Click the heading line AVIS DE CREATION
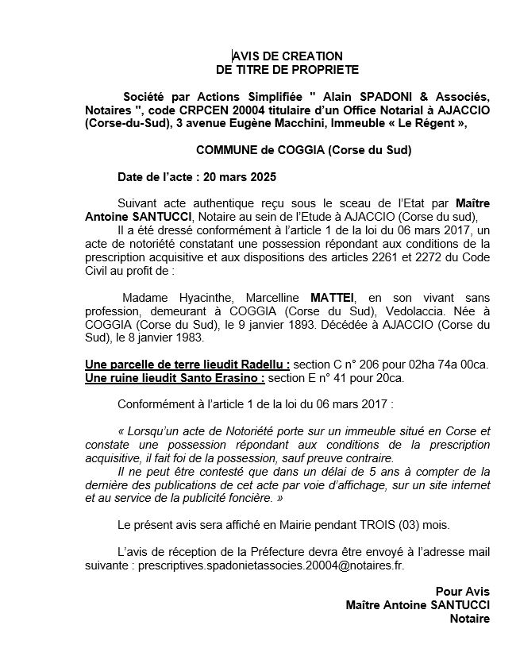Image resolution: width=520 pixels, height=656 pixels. coord(287,56)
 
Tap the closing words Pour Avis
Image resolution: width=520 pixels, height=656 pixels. coord(463,591)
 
